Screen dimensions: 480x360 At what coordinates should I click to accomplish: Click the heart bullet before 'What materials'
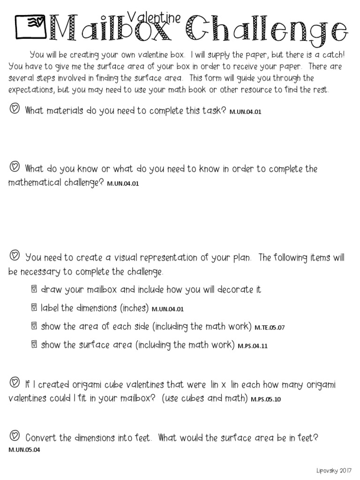[x=15, y=110]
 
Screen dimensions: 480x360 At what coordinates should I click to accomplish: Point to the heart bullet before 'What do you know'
[x=15, y=167]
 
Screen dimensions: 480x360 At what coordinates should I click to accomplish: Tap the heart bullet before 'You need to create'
[x=15, y=256]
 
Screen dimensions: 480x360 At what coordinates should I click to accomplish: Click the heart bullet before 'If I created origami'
[x=15, y=383]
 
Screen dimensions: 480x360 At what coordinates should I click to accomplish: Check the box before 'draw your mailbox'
[x=33, y=290]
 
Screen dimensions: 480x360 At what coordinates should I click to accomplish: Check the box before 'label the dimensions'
[x=33, y=308]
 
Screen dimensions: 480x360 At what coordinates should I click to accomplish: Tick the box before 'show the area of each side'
[x=33, y=327]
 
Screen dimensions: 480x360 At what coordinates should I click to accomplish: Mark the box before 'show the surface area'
[x=33, y=345]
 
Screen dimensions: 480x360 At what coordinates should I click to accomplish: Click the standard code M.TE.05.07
[x=270, y=328]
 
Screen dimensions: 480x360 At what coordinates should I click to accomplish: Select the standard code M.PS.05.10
[x=266, y=400]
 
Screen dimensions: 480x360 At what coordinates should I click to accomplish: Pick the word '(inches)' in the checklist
[x=135, y=308]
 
